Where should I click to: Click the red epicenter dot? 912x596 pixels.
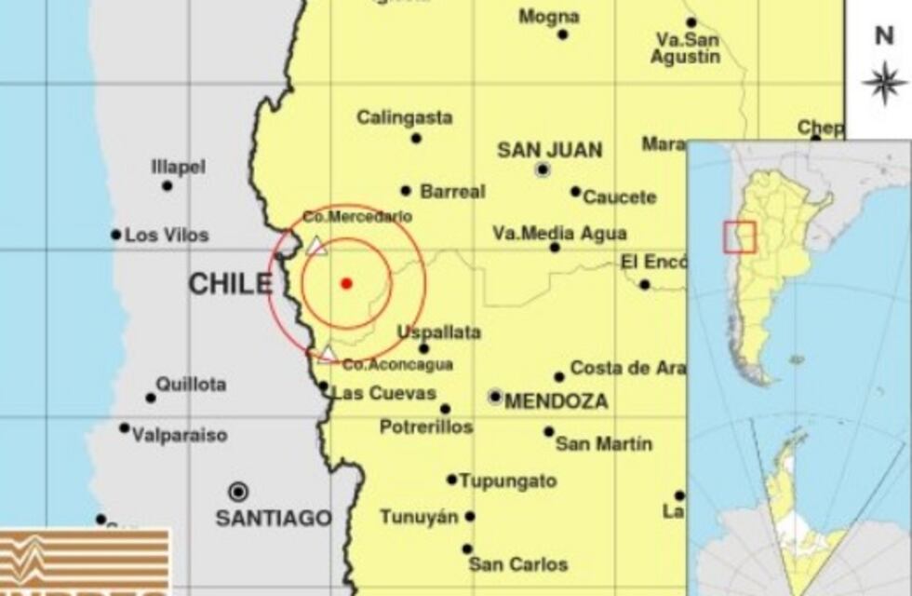(x=346, y=283)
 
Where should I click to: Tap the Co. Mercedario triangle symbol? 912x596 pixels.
(x=316, y=246)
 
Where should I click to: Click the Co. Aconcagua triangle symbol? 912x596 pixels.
(x=328, y=353)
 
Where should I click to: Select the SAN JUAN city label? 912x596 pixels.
(x=549, y=150)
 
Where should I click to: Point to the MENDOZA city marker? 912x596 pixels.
(x=495, y=397)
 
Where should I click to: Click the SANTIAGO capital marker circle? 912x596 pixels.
(x=238, y=492)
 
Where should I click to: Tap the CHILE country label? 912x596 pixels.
(x=231, y=284)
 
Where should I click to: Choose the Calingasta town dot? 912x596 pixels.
(x=416, y=139)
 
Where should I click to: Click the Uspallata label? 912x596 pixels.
(x=438, y=332)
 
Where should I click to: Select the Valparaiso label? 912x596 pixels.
(x=180, y=435)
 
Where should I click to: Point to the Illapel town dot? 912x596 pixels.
(x=167, y=185)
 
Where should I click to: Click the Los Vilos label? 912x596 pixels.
(x=167, y=236)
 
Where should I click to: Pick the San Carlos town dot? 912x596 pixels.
(x=467, y=549)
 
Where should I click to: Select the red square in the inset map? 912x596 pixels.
(x=739, y=237)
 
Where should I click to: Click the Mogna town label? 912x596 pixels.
(x=549, y=17)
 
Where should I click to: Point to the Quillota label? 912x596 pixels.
(x=191, y=384)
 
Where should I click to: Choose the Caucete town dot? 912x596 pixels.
(x=575, y=192)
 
